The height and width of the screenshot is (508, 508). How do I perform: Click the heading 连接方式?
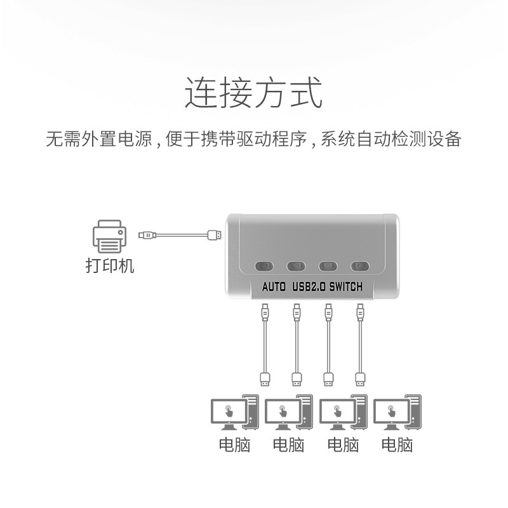click(253, 93)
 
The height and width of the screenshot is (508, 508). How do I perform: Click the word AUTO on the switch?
click(274, 287)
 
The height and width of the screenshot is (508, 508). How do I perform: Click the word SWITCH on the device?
click(345, 287)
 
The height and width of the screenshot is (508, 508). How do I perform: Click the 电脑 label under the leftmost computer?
click(234, 444)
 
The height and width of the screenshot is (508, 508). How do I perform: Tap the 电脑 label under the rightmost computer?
click(397, 444)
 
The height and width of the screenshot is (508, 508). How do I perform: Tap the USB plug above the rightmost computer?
click(361, 379)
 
